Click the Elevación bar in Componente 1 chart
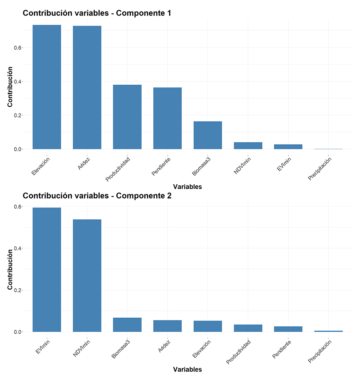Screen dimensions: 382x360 click(47, 87)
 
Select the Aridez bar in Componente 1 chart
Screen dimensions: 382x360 click(87, 88)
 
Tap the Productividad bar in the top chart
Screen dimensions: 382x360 click(127, 117)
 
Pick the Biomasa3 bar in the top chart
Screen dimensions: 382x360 click(208, 135)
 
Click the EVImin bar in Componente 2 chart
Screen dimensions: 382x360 click(47, 270)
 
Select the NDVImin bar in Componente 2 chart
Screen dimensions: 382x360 click(87, 276)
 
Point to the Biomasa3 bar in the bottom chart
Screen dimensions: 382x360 click(127, 325)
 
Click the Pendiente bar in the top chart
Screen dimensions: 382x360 click(167, 118)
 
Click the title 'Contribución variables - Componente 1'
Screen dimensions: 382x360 click(97, 13)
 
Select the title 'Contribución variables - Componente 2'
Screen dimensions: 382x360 click(97, 196)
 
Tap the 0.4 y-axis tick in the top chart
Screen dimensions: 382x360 click(18, 82)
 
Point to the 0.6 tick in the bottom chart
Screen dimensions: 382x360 click(18, 207)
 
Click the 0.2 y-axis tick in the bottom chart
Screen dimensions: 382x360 click(18, 290)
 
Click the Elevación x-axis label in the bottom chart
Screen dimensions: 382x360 click(202, 349)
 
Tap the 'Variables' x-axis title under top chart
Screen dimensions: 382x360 click(187, 187)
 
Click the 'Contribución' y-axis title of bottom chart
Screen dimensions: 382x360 click(10, 269)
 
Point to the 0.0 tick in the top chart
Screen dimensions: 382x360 click(18, 149)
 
